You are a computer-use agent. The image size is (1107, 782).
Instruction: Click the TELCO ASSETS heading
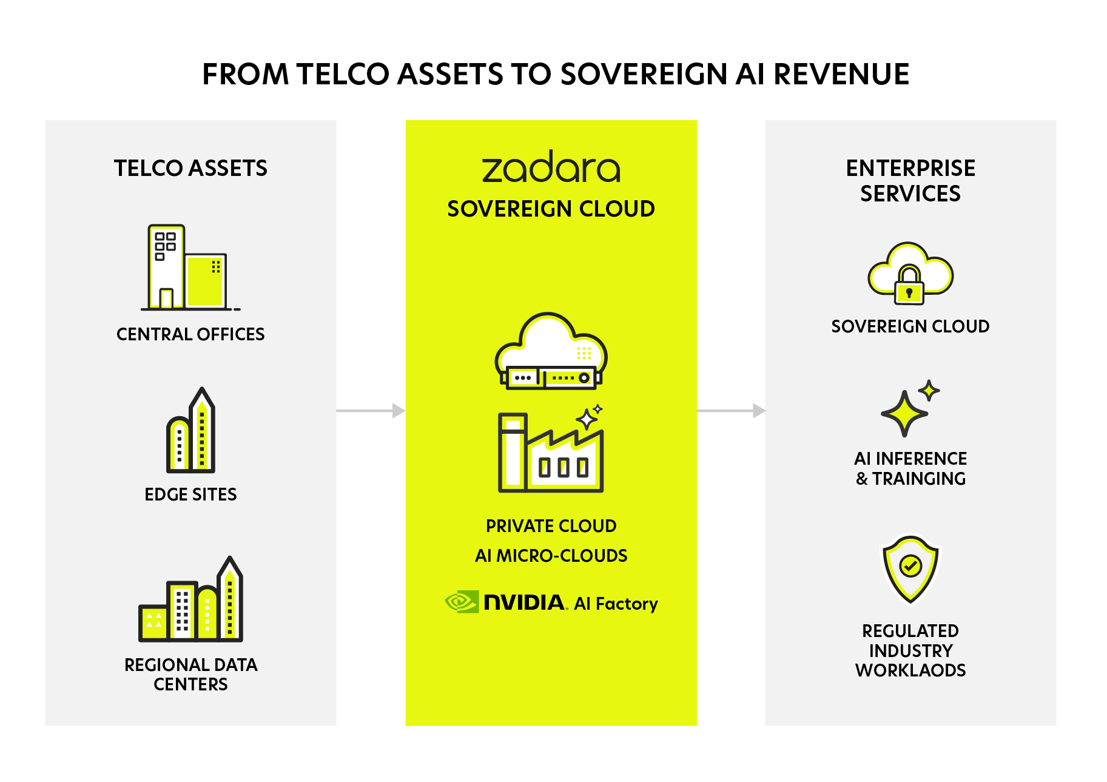pyautogui.click(x=190, y=168)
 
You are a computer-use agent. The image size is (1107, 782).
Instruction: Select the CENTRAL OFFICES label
pyautogui.click(x=190, y=334)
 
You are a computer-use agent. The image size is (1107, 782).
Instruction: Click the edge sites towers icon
pyautogui.click(x=191, y=431)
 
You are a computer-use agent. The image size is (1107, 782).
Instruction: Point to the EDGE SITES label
pyautogui.click(x=190, y=494)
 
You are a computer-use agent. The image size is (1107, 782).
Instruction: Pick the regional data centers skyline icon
pyautogui.click(x=191, y=601)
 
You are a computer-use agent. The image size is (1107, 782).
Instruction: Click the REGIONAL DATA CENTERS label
pyautogui.click(x=190, y=674)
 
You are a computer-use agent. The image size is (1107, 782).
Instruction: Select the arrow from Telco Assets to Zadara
pyautogui.click(x=371, y=411)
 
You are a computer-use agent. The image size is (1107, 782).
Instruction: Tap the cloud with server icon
pyautogui.click(x=551, y=352)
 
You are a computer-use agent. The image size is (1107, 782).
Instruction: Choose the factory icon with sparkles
pyautogui.click(x=551, y=450)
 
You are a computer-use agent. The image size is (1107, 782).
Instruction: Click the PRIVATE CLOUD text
pyautogui.click(x=551, y=526)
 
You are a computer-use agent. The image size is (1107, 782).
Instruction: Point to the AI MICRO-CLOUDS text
pyautogui.click(x=551, y=556)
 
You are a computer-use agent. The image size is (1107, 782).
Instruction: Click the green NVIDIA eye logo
pyautogui.click(x=462, y=602)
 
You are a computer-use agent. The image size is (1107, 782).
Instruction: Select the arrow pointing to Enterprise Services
pyautogui.click(x=731, y=411)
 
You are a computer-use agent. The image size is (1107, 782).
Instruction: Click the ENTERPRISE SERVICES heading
pyautogui.click(x=910, y=181)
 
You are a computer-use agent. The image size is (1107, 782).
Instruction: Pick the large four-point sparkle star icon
pyautogui.click(x=904, y=413)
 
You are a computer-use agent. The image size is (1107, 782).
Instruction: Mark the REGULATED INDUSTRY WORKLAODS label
pyautogui.click(x=910, y=650)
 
